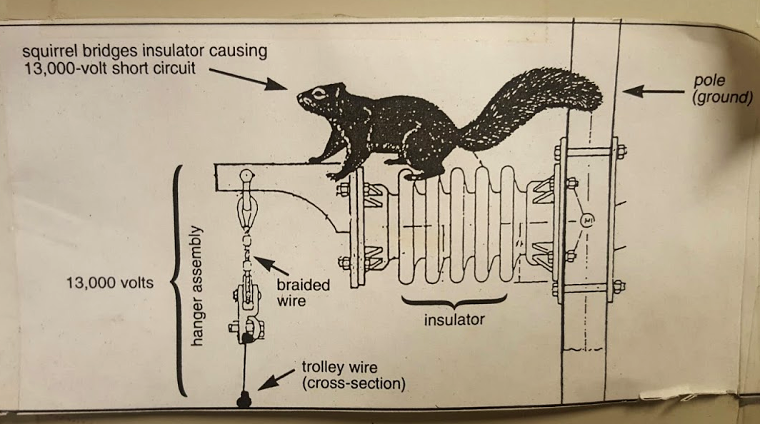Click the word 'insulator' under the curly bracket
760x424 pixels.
pos(454,320)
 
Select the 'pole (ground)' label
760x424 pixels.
pos(721,90)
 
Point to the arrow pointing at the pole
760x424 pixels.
pos(654,91)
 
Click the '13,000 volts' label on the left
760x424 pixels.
pos(109,283)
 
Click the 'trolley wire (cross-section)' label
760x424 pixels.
pos(353,376)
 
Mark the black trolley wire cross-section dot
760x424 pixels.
pos(244,400)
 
